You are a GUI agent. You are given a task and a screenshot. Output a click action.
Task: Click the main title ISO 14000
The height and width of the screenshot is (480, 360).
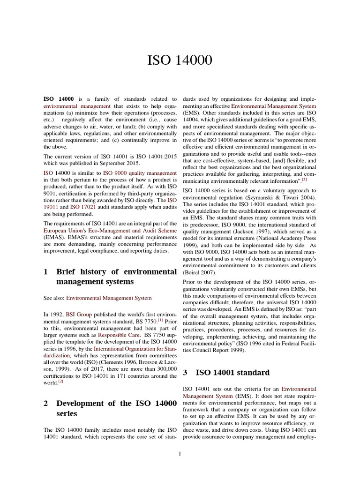pos(180,60)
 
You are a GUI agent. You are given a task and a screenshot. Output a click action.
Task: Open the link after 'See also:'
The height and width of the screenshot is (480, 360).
pos(109,298)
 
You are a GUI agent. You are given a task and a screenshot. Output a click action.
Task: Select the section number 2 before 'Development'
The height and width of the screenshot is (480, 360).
pos(45,404)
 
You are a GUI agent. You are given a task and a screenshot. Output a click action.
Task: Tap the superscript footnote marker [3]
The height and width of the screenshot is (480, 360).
pos(304,180)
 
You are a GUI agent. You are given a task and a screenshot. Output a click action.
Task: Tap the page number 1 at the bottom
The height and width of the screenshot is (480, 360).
pos(180,454)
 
